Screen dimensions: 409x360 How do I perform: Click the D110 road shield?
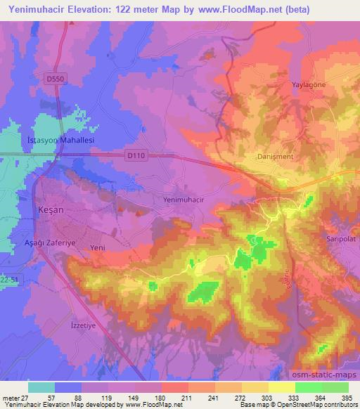click(137, 155)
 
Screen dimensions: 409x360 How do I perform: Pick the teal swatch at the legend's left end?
click(41, 387)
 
